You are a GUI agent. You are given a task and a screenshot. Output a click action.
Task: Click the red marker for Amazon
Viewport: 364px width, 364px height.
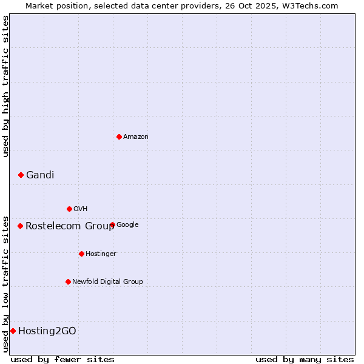coord(119,136)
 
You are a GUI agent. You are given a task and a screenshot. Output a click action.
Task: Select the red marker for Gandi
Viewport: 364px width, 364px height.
coord(21,175)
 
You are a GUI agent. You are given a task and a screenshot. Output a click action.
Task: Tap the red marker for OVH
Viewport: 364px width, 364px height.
coord(69,209)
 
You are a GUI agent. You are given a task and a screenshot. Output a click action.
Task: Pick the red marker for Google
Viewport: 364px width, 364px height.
coord(112,225)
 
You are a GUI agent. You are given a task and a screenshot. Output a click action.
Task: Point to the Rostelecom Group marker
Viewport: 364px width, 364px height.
coord(20,226)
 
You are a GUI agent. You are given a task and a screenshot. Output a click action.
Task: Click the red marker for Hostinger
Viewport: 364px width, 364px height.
coord(81,254)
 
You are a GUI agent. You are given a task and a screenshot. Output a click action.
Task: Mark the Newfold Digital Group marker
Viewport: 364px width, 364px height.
coord(68,281)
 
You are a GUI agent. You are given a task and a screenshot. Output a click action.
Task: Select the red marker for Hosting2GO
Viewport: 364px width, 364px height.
coord(13,331)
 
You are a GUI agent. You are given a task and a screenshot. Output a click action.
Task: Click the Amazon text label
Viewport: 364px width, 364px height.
coord(136,137)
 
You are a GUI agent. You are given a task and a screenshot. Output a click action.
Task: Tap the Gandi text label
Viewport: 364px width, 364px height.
coord(40,175)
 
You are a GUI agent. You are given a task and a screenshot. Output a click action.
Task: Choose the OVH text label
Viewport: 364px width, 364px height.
coord(81,209)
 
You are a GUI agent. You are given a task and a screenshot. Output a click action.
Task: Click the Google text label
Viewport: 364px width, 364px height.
coord(127,225)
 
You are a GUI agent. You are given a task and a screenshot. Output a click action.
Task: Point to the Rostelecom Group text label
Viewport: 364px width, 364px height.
coord(70,226)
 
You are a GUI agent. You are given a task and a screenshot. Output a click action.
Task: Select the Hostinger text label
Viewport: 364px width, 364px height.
coord(101,254)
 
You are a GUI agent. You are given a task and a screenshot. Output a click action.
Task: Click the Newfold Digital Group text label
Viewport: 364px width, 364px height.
coord(107,281)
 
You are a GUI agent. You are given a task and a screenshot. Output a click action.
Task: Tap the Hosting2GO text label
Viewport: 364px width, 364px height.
coord(47,331)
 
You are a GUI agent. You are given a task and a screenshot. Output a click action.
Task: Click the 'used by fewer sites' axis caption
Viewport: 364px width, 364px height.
coord(62,359)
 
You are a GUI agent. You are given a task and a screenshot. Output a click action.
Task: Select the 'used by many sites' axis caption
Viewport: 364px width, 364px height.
coord(305,359)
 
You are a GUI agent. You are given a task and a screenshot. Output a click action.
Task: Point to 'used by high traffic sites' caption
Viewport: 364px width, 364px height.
coord(5,87)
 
